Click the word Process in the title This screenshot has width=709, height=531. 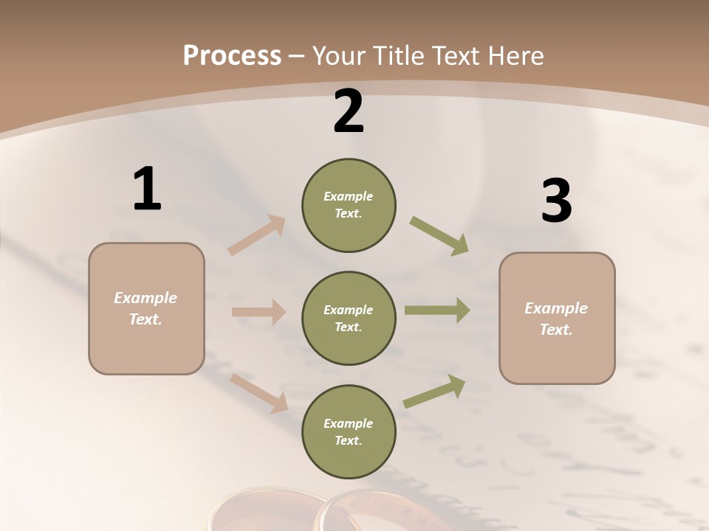pos(232,56)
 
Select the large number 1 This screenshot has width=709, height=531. pos(147,190)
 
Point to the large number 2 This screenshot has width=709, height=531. pos(349,112)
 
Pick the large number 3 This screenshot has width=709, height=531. pos(556,201)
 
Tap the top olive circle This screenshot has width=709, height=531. pos(349,205)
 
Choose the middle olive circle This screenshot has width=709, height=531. pos(349,319)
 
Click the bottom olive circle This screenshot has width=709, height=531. pos(349,432)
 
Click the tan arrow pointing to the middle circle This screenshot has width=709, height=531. pos(258,312)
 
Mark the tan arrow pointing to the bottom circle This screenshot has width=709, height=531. pos(259,392)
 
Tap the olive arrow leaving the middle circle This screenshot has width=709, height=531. pos(437,310)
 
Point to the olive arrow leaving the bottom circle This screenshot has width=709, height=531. pos(434,392)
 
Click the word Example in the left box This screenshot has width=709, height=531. pos(145,298)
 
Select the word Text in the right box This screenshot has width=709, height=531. pos(555,330)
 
